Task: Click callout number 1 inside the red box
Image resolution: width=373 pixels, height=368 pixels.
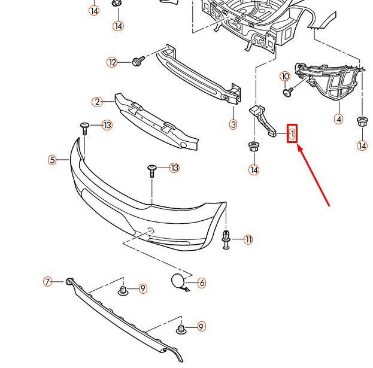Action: click(292, 134)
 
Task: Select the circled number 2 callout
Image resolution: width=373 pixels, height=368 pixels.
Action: click(98, 102)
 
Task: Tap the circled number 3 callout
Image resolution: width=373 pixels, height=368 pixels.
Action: click(233, 124)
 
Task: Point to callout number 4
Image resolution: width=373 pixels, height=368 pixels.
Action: click(339, 119)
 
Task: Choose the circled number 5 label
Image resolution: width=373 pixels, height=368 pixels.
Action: click(53, 160)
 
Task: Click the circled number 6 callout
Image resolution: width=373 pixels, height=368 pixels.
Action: click(201, 282)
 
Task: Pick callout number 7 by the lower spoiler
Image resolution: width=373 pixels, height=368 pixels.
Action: click(48, 281)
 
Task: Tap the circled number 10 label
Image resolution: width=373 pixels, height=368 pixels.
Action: click(285, 77)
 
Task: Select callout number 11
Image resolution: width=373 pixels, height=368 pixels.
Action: click(248, 240)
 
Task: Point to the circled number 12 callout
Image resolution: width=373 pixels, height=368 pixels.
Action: click(112, 62)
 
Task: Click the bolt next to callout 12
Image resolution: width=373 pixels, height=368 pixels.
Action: click(137, 61)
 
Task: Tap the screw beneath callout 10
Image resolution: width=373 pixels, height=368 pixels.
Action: click(288, 92)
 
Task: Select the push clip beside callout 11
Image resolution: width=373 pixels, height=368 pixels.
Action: click(227, 238)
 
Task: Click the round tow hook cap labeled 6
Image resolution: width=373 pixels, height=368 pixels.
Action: click(177, 281)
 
